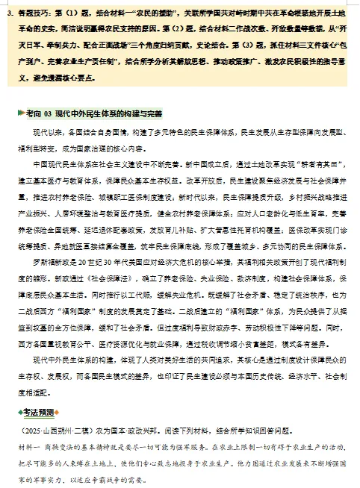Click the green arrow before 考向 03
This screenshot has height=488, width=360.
click(20, 113)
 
